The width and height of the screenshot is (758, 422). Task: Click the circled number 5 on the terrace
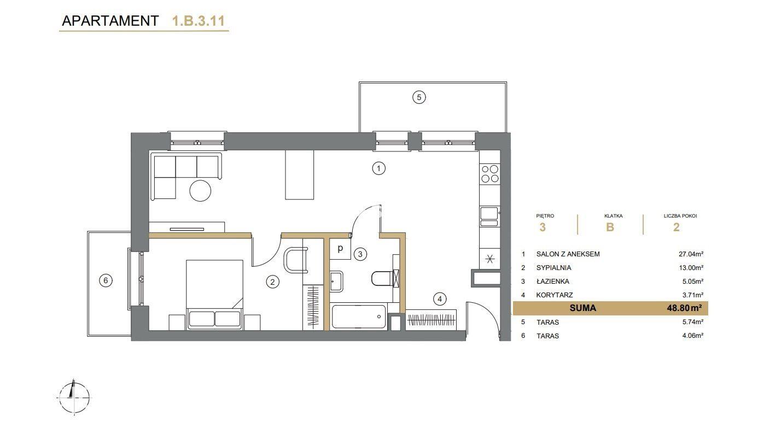click(419, 98)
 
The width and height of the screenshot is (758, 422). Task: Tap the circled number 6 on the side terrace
click(106, 280)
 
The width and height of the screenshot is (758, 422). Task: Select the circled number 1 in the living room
click(378, 168)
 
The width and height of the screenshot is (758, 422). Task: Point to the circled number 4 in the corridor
click(440, 299)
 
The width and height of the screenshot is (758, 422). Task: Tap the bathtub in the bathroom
click(359, 317)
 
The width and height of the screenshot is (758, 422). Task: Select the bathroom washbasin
click(336, 281)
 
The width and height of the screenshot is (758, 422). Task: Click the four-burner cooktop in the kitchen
click(490, 174)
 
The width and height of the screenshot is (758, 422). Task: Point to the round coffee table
click(200, 191)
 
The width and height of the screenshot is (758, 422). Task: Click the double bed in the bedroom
click(214, 295)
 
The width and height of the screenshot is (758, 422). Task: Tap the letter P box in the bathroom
click(340, 249)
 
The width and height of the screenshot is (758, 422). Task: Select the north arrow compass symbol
click(74, 397)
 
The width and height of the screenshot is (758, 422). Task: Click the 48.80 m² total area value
click(684, 308)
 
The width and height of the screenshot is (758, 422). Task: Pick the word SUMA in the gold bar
click(582, 308)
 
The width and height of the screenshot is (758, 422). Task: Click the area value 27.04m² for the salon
click(691, 254)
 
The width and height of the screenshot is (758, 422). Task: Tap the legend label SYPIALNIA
click(553, 268)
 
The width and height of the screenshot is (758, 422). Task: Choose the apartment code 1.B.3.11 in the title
click(199, 21)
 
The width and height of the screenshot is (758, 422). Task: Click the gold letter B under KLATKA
click(610, 227)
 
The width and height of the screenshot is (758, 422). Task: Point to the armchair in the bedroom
click(296, 260)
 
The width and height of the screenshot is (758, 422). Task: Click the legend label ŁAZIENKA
click(552, 282)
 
